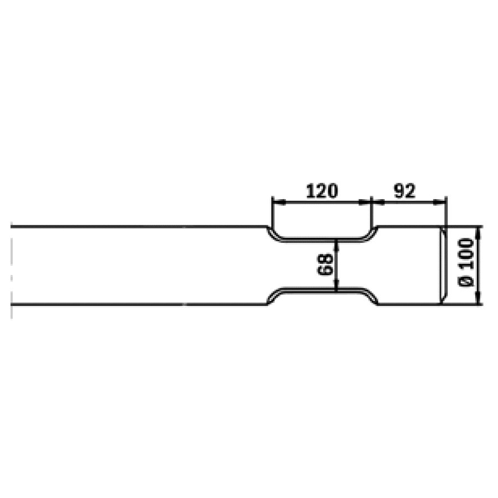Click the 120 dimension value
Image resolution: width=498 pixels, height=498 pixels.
pos(321,191)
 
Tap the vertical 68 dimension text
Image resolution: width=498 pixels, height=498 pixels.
pos(325,264)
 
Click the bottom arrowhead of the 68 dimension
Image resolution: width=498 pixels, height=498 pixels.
pos(336,285)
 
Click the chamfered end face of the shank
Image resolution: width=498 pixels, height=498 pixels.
pos(444,265)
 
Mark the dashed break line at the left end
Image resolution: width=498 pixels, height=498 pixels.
pos(11,266)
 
